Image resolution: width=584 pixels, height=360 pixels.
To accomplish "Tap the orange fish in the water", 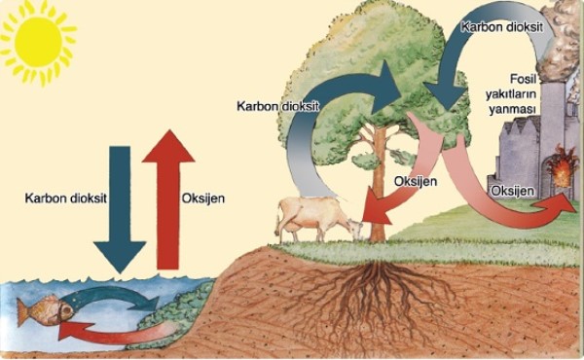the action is click(45, 310).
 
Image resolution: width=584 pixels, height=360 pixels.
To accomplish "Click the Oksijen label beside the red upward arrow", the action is click(204, 198).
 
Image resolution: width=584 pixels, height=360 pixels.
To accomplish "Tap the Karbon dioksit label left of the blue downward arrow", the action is click(63, 198).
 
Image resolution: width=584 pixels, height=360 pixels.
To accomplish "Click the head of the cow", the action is click(355, 232).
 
